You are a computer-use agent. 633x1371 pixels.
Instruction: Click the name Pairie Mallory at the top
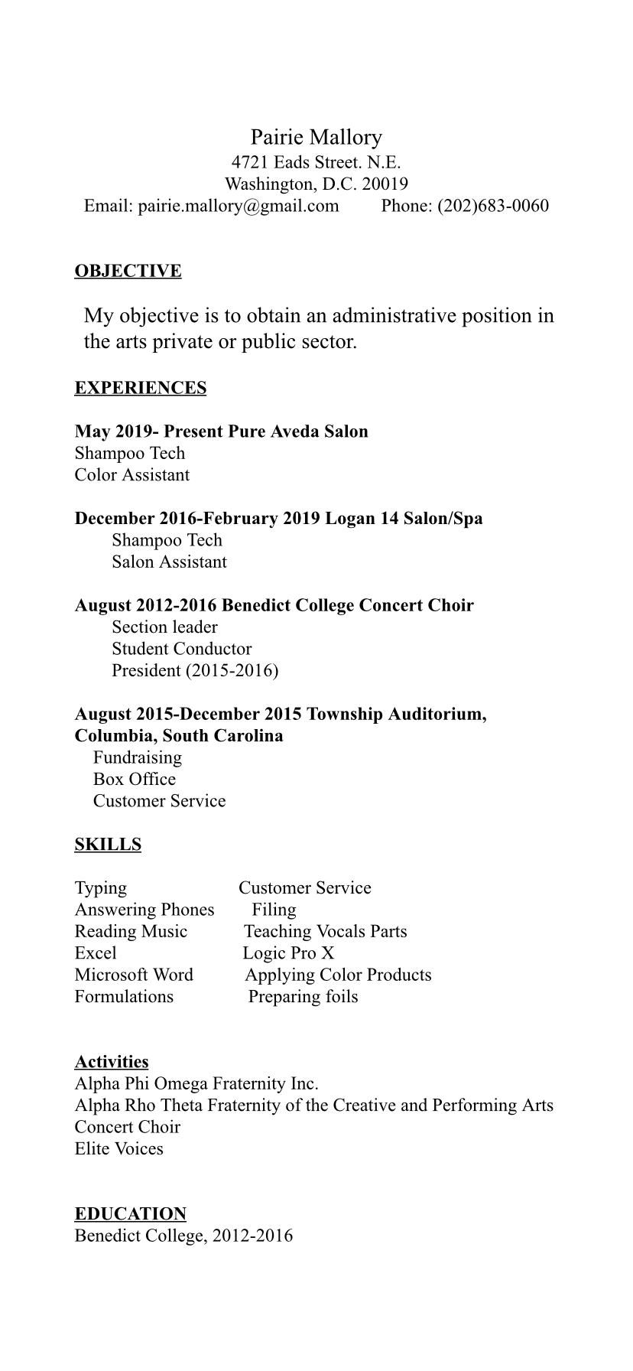click(x=316, y=138)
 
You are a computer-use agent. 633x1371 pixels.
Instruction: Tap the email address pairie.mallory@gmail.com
click(x=238, y=206)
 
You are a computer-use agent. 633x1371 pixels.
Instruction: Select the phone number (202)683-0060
click(x=492, y=206)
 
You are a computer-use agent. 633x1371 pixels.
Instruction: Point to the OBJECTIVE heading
click(x=128, y=271)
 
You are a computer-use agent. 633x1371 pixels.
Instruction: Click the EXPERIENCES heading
click(x=140, y=388)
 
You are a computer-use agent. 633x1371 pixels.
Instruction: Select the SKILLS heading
click(x=108, y=845)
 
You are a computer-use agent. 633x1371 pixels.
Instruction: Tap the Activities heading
click(x=112, y=1062)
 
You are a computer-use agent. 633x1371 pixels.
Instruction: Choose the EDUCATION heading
click(x=130, y=1214)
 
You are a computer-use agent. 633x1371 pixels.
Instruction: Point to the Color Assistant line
click(x=131, y=475)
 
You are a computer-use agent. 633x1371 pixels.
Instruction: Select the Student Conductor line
click(x=181, y=649)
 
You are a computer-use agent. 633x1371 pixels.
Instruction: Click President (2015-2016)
click(x=195, y=671)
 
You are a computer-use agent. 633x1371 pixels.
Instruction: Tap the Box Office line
click(x=134, y=780)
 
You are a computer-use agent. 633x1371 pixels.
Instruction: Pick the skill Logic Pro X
click(x=288, y=953)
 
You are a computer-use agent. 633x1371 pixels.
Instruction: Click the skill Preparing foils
click(x=303, y=997)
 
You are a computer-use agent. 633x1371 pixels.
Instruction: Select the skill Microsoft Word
click(x=134, y=975)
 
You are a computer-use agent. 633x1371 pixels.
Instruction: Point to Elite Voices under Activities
click(x=118, y=1148)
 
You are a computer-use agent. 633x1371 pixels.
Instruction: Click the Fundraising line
click(x=138, y=758)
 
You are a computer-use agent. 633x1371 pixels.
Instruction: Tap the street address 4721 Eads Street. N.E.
click(x=316, y=162)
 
